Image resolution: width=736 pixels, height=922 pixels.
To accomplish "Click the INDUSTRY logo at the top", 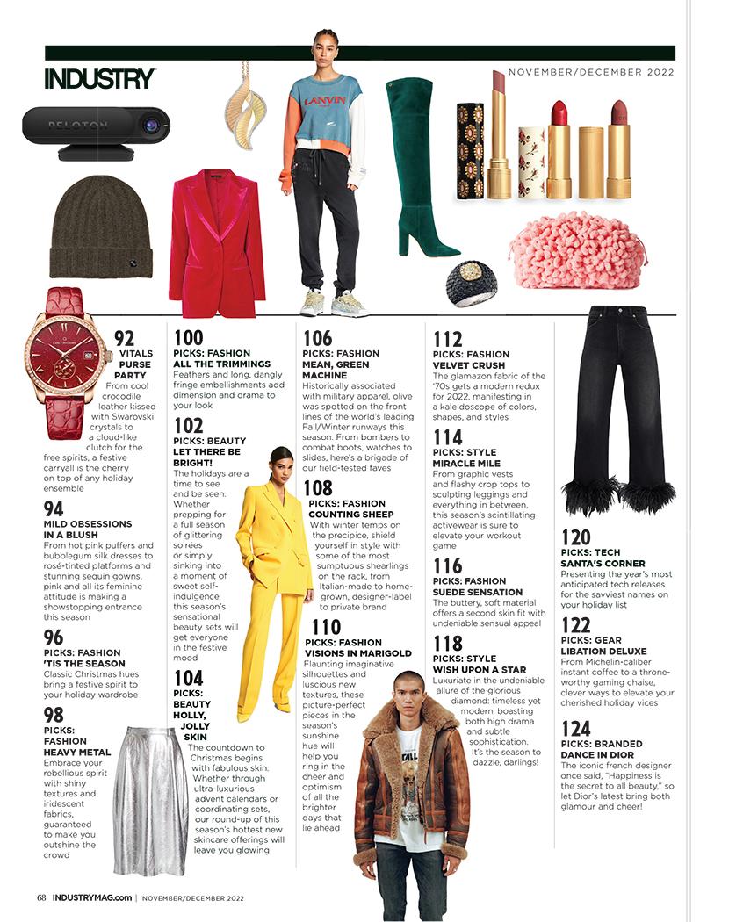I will (99, 78).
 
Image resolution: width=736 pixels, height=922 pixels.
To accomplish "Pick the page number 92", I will (124, 339).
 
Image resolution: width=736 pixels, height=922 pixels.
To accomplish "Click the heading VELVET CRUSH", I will (468, 365).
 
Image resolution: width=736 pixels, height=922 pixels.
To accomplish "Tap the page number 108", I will (317, 489).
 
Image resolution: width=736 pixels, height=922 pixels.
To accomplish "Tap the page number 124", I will (576, 728).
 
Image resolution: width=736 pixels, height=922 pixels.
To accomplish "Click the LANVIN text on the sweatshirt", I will (319, 101).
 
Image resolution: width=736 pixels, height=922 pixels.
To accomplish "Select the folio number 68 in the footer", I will (41, 897).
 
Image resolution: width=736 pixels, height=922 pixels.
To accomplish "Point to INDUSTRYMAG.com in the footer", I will (91, 897).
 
